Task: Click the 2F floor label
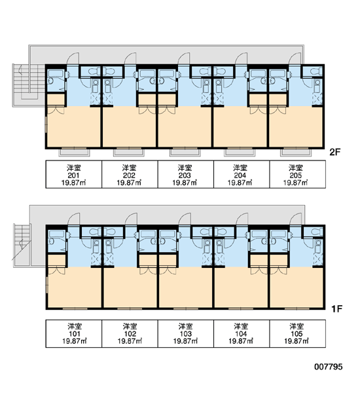335,152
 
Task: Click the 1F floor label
336,309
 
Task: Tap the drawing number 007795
328,367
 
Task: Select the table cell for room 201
74,174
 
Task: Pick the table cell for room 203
186,174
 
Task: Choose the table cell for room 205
298,174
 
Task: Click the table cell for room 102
130,333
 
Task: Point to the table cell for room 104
242,333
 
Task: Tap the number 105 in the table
297,333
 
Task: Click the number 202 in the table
129,175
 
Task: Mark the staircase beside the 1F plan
22,245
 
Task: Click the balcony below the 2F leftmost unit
74,153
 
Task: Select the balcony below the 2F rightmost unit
296,153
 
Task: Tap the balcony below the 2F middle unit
185,153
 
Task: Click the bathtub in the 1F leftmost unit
56,234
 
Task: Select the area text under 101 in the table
75,341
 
